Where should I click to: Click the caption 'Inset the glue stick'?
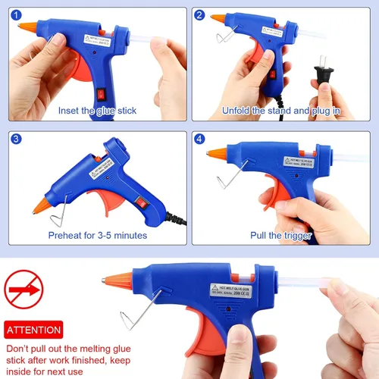click(x=98, y=111)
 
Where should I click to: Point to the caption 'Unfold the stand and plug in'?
click(x=281, y=111)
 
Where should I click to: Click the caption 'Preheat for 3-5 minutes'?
click(x=97, y=235)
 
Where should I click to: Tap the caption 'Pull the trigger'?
click(x=281, y=235)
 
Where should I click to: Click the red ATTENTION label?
click(x=33, y=330)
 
